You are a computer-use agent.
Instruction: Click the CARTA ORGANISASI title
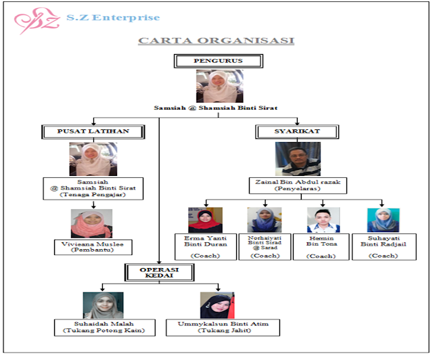pos(216,41)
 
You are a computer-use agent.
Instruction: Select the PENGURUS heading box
pos(218,61)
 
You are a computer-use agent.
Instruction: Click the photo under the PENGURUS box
pos(219,87)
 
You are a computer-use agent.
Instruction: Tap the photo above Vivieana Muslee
pos(91,224)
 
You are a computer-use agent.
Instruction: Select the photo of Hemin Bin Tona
pos(323,221)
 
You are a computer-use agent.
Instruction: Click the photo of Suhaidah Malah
pos(103,306)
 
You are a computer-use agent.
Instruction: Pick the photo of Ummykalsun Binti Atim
pos(216,306)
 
